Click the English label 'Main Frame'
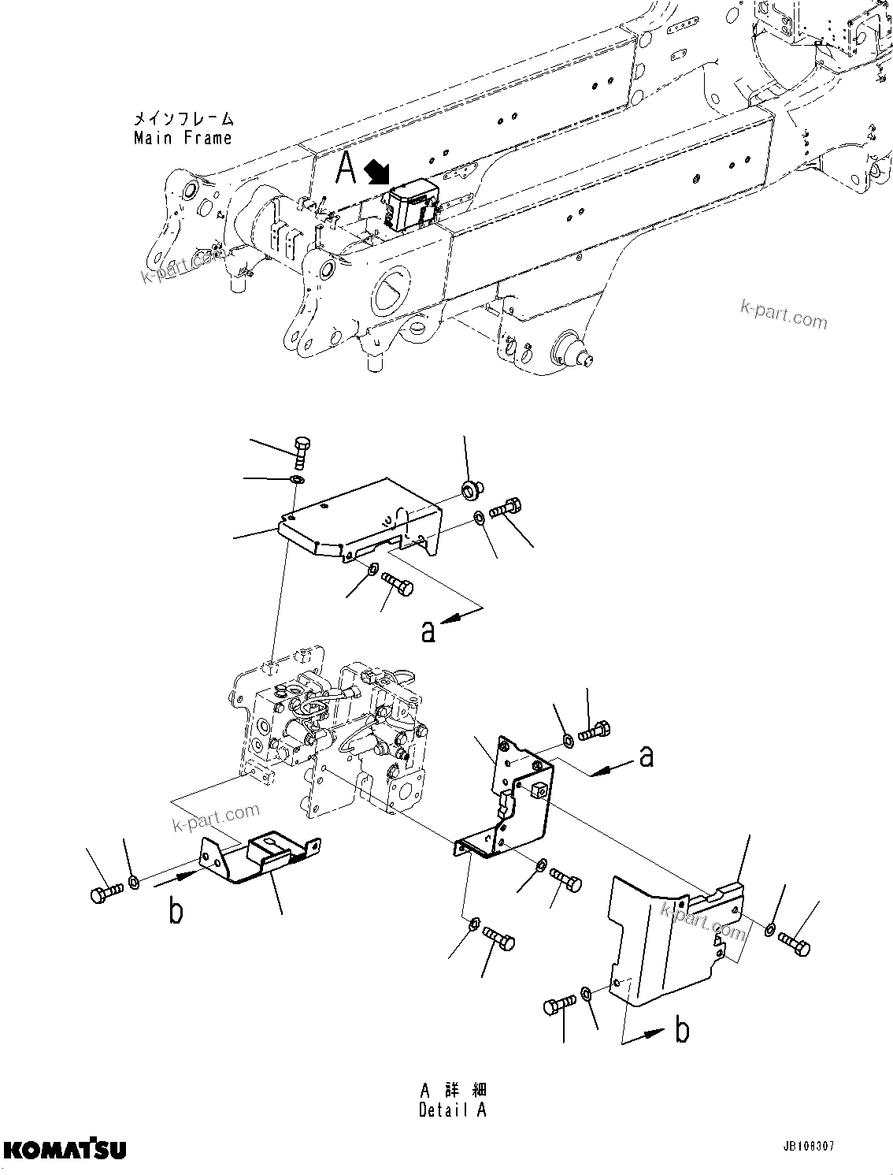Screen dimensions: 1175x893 [183, 138]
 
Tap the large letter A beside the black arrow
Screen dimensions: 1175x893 [346, 168]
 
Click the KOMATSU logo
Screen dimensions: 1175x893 [63, 1150]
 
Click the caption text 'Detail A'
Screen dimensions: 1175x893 [453, 1110]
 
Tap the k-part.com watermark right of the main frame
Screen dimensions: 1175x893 [784, 315]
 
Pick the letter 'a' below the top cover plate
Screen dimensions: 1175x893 [428, 631]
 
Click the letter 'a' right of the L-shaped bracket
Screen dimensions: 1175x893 [647, 757]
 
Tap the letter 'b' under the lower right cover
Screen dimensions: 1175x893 [683, 1030]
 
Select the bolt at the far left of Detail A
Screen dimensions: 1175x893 [104, 894]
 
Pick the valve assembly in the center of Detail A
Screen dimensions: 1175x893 [331, 733]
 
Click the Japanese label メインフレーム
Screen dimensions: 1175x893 [183, 119]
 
